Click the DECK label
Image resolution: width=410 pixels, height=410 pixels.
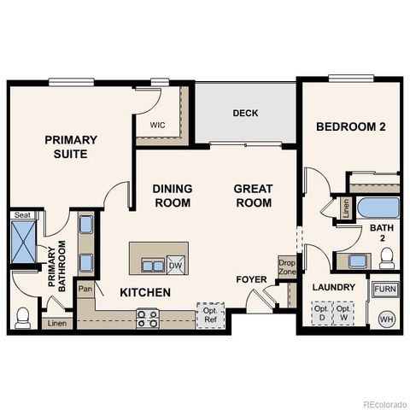pos(245,114)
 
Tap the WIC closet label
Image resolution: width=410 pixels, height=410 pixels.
pos(157,125)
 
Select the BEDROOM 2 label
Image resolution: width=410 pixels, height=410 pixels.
pos(351,127)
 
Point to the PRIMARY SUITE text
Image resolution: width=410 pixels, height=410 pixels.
pos(71,147)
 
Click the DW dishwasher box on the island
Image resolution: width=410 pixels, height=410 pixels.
pos(175,265)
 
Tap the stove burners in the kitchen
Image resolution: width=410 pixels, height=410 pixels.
pos(147,319)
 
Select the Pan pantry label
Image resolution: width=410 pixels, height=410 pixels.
pos(85,290)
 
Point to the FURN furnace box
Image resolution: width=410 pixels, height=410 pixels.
pos(385,290)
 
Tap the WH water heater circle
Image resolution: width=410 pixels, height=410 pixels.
pos(386,319)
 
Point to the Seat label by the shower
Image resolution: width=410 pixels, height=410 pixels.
pos(22,215)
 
